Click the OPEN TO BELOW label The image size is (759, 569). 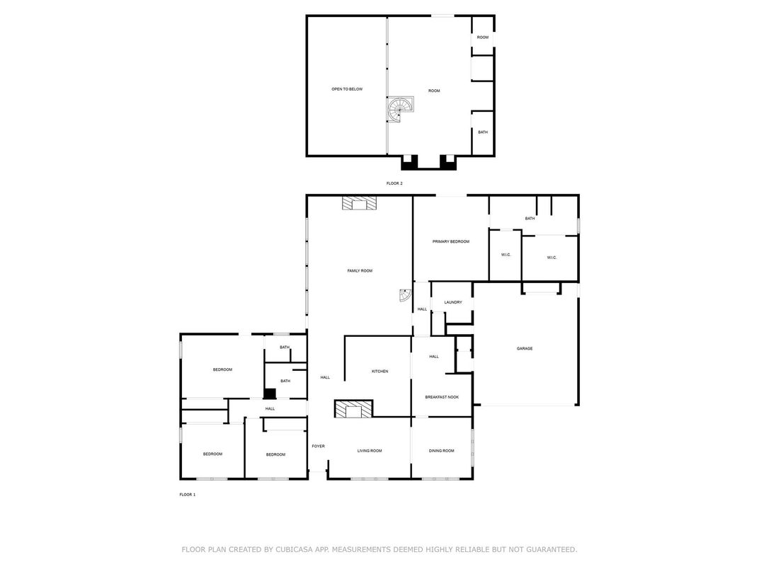[347, 89]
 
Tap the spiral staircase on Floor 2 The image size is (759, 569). [401, 110]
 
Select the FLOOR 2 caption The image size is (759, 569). [394, 183]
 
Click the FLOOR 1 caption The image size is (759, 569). [188, 495]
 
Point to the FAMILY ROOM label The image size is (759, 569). [360, 271]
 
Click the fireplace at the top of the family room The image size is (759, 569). [359, 203]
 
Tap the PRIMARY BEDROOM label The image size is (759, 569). [450, 241]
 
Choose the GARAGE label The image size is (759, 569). [524, 348]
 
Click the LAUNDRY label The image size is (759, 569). [453, 302]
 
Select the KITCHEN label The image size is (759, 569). [379, 371]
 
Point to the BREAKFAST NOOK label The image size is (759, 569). [442, 397]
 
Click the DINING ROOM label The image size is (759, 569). [442, 451]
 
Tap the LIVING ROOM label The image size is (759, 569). [370, 451]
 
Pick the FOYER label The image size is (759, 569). [318, 446]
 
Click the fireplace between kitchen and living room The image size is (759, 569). [354, 409]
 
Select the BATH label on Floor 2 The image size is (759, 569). [483, 132]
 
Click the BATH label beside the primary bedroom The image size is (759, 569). [530, 219]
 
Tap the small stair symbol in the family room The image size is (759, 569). [405, 294]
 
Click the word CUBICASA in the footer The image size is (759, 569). [295, 550]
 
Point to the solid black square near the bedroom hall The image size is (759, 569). [270, 394]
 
